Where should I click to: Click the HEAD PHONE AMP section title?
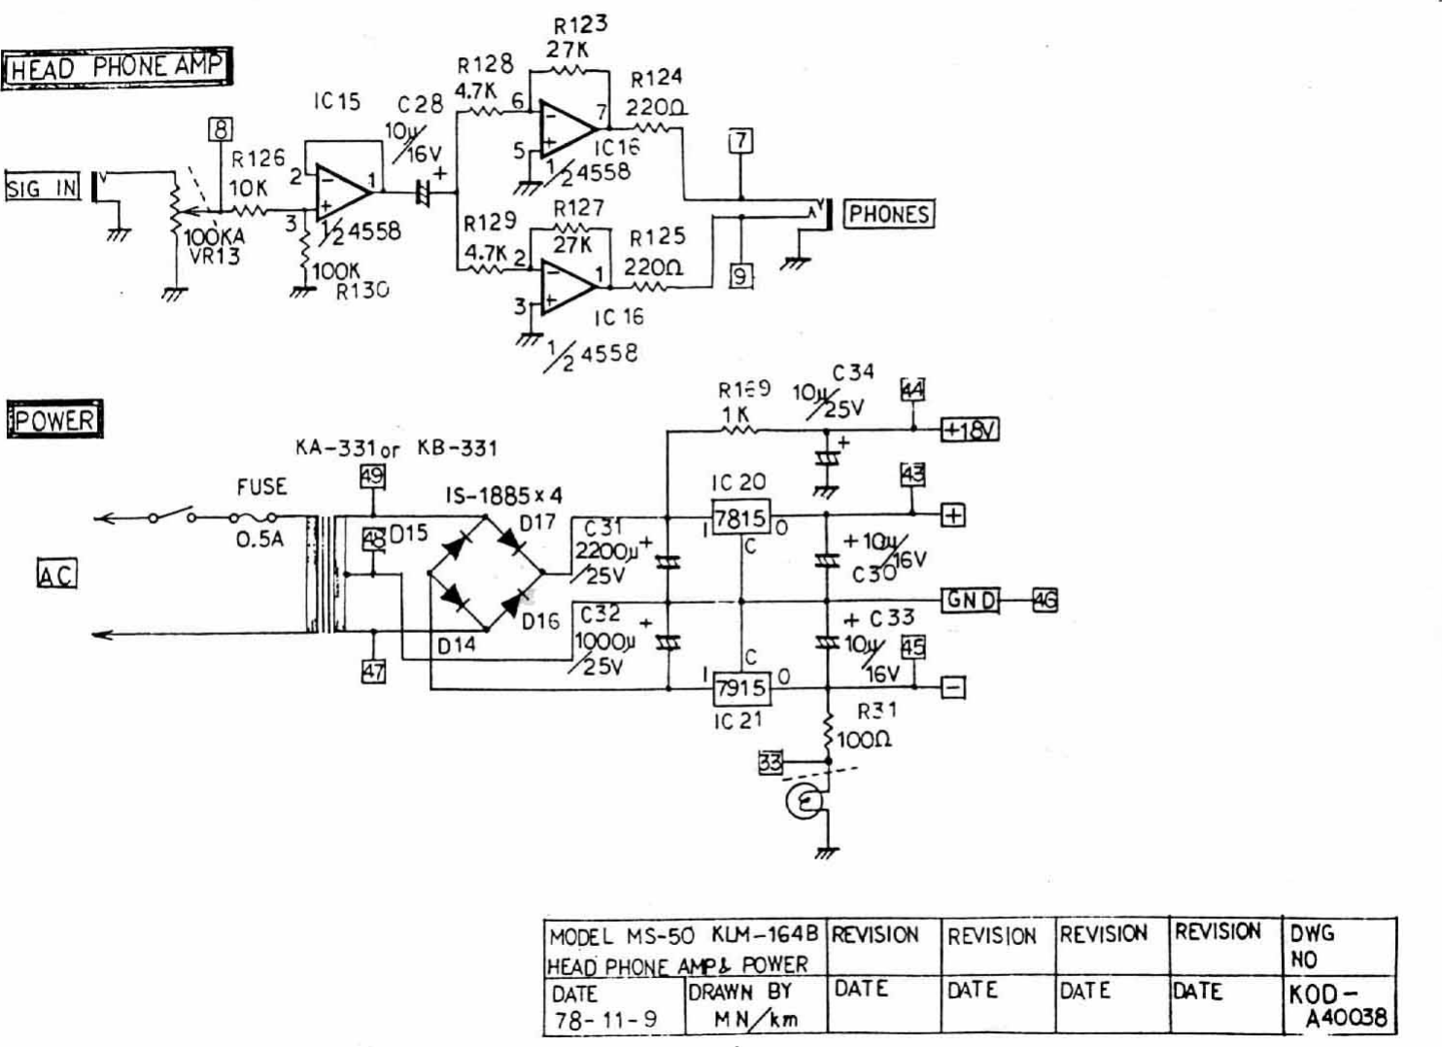coord(117,67)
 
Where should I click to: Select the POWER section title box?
coord(54,420)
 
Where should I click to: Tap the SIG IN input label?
coord(42,187)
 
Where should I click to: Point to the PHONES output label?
coord(888,214)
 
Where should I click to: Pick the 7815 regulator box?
coord(740,518)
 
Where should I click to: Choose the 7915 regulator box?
coord(740,688)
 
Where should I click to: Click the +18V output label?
coord(969,429)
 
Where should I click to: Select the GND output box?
coord(970,600)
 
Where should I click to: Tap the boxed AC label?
coord(56,575)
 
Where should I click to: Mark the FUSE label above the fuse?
coord(261,486)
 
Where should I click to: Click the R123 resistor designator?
coord(580,24)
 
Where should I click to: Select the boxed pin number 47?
coord(373,671)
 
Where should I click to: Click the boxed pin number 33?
coord(770,763)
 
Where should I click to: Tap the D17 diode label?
coord(537,523)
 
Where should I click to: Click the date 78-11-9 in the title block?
coord(605,1020)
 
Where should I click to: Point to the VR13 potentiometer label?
coord(215,257)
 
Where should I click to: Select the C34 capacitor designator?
coord(852,372)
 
